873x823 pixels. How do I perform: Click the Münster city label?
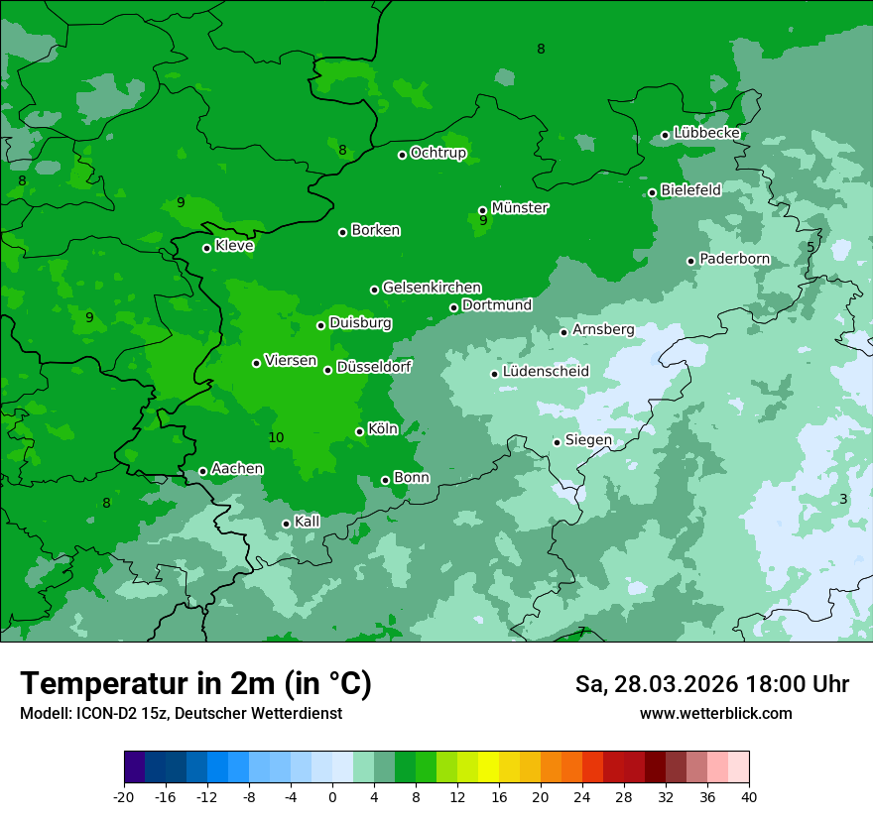coord(519,208)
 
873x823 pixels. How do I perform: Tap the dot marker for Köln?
coord(359,431)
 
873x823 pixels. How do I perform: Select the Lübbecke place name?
coord(706,133)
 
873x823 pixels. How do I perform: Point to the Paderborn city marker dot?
coord(691,261)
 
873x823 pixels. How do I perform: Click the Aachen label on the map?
coord(237,469)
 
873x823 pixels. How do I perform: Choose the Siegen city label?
coord(588,440)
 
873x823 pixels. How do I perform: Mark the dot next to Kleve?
coord(207,248)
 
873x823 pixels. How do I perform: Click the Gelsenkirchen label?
coord(432,288)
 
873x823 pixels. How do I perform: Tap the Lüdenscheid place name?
coord(546,372)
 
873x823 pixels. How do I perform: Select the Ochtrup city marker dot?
coord(403,155)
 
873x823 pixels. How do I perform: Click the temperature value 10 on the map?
coord(276,437)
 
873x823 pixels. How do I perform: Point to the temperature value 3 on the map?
coord(843,499)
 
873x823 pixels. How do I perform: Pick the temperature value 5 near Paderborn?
coord(811,247)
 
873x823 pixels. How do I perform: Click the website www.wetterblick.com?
coord(715,714)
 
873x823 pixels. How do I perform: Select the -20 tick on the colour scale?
coord(124,796)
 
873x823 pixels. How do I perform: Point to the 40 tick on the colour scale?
coord(748,796)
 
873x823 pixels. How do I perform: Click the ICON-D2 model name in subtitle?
coord(102,714)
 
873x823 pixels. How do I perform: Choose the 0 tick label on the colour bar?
coord(332,796)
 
